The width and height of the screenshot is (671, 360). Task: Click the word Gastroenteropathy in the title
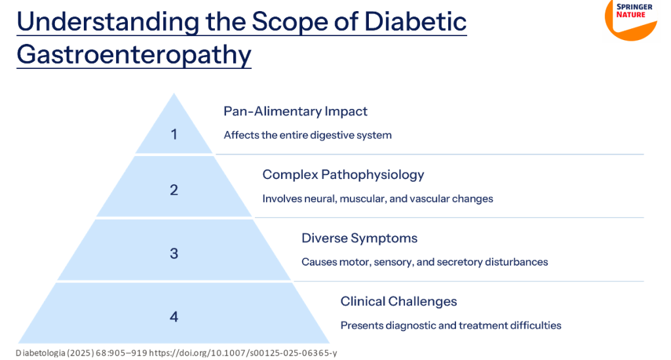(134, 54)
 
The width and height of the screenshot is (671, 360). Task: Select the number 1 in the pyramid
(174, 134)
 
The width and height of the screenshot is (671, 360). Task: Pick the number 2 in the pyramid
(174, 190)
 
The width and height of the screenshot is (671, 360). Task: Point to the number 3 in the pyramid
(174, 253)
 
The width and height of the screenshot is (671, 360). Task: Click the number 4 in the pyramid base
(174, 317)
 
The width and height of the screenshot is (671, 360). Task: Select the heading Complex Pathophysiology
(343, 174)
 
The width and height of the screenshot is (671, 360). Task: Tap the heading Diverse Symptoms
(359, 238)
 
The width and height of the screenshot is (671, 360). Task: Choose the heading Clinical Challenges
(398, 302)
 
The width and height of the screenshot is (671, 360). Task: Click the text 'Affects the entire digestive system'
(307, 135)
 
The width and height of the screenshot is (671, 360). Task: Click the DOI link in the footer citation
(243, 353)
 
